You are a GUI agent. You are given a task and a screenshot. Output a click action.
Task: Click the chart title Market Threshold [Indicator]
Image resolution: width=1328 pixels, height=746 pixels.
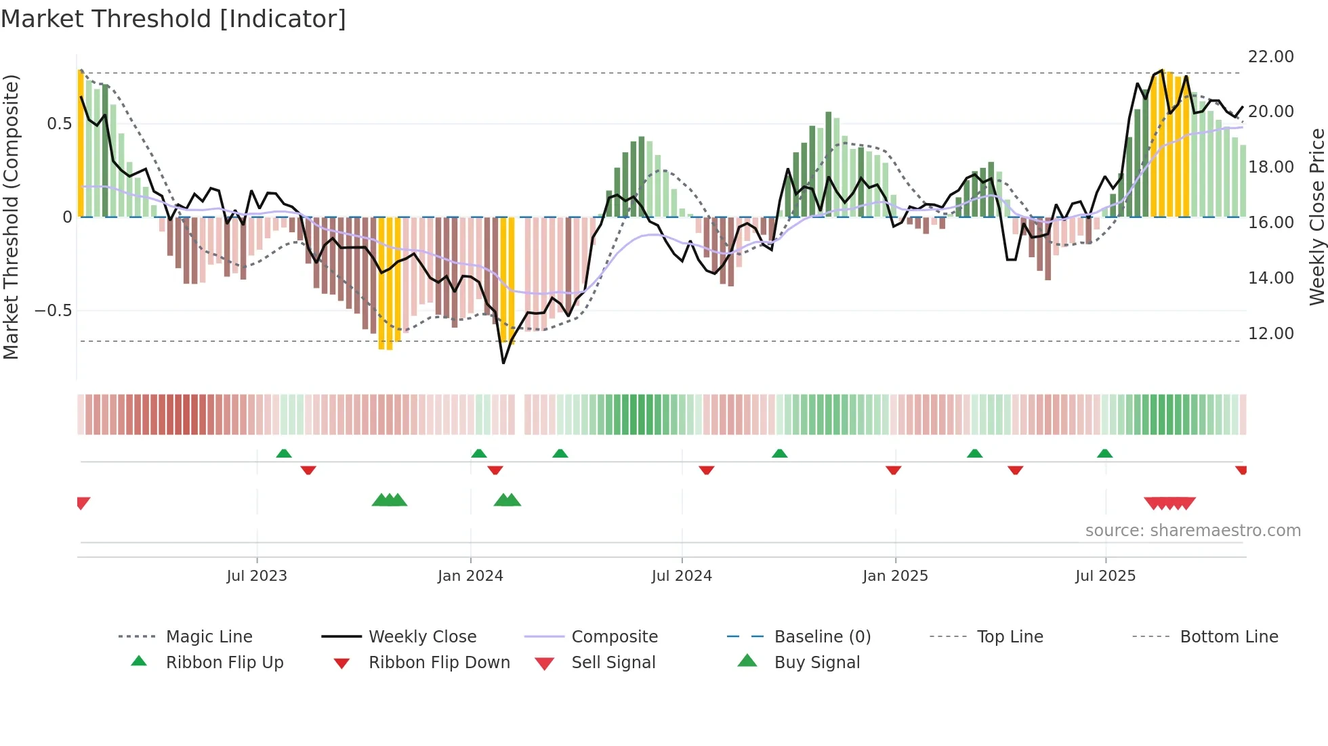173,19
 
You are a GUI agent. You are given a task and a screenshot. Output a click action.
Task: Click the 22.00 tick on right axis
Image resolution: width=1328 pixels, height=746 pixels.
1270,57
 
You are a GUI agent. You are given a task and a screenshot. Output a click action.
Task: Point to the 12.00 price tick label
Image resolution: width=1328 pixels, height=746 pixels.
1270,334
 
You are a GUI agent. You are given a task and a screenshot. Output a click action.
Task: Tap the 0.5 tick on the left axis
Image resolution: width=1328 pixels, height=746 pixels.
59,124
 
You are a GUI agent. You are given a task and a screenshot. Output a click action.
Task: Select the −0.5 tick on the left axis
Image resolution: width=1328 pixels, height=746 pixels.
53,311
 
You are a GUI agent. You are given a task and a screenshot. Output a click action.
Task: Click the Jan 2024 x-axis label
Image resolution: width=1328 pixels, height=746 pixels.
470,576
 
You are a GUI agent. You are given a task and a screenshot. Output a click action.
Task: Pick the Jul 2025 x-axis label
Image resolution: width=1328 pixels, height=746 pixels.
1105,576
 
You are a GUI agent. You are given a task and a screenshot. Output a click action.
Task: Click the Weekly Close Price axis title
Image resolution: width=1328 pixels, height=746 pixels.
1316,217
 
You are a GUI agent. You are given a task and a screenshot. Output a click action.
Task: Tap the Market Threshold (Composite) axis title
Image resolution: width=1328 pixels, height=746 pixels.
11,217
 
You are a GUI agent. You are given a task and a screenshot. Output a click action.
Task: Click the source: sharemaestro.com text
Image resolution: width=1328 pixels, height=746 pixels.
1192,531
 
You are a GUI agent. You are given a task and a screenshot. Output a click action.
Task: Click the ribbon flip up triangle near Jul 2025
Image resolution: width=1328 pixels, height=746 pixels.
1105,454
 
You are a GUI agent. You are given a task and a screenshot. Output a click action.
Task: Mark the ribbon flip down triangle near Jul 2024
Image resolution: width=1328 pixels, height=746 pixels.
707,470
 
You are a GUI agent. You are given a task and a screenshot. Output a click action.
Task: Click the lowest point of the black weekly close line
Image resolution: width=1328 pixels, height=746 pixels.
503,364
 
